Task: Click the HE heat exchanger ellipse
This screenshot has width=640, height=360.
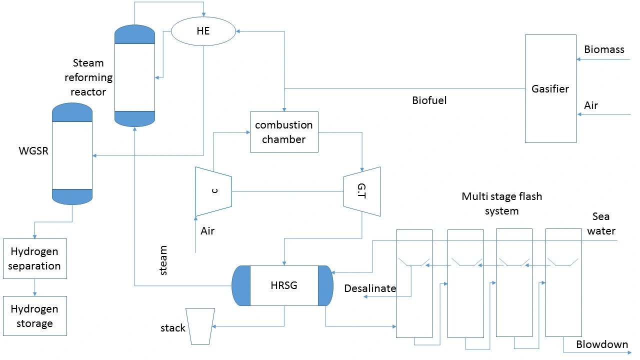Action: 203,30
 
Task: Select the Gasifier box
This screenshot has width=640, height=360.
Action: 550,89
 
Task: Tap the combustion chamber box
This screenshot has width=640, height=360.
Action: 284,132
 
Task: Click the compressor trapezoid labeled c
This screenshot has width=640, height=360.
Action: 213,191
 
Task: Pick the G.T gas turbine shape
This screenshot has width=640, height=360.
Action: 362,191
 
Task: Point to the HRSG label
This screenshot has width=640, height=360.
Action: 283,285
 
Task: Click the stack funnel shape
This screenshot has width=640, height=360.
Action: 200,326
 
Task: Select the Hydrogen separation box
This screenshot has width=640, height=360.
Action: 34,258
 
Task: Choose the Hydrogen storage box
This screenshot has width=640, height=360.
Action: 34,316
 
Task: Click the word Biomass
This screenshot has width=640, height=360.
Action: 604,49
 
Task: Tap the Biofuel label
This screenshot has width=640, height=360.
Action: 429,100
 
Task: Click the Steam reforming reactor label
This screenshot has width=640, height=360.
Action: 88,77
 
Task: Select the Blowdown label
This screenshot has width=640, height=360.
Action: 602,344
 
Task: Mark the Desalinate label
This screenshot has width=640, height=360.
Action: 370,288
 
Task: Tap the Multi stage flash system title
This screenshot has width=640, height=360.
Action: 501,203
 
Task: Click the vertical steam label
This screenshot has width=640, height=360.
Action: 163,260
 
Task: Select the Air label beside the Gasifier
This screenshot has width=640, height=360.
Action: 591,105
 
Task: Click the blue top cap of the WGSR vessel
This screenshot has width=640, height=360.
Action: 72,112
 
